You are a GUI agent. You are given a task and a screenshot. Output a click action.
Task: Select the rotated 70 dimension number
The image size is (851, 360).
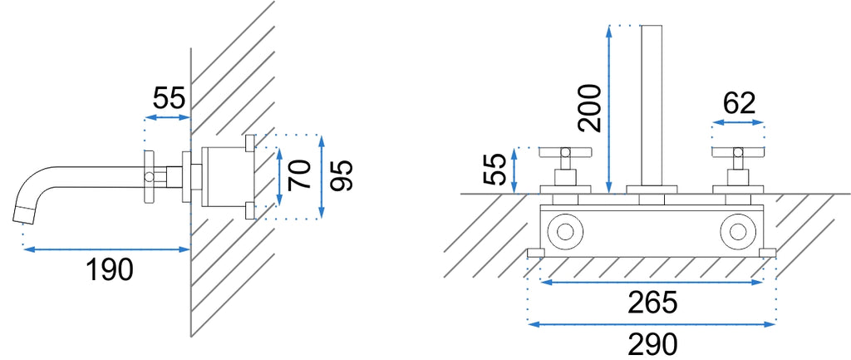pos(299,175)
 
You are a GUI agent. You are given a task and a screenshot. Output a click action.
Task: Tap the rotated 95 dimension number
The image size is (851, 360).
pos(342,175)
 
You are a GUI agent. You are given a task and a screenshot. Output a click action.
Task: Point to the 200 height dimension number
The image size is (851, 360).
pos(590,109)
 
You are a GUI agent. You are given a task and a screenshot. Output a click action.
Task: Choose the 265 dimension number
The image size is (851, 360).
pos(653,302)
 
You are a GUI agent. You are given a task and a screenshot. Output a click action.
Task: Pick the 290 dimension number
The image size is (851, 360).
pos(653,343)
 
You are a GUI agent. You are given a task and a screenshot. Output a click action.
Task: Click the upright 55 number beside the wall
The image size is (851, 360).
pos(169,98)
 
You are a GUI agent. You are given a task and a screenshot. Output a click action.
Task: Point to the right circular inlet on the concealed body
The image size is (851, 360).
pos(737,231)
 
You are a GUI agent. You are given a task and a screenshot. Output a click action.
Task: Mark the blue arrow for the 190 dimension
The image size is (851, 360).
pos(106,249)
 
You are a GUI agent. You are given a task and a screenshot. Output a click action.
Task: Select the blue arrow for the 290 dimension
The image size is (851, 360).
pos(652,324)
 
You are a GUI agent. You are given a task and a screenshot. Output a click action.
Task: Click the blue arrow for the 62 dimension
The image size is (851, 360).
pos(738,123)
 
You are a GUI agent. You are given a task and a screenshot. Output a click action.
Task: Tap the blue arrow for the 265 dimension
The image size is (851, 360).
pos(652,282)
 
